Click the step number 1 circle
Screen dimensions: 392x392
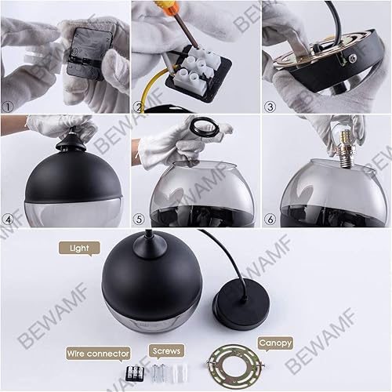pyautogui.click(x=9, y=107)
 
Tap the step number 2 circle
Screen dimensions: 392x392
pyautogui.click(x=140, y=107)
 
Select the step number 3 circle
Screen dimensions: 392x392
pyautogui.click(x=270, y=107)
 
